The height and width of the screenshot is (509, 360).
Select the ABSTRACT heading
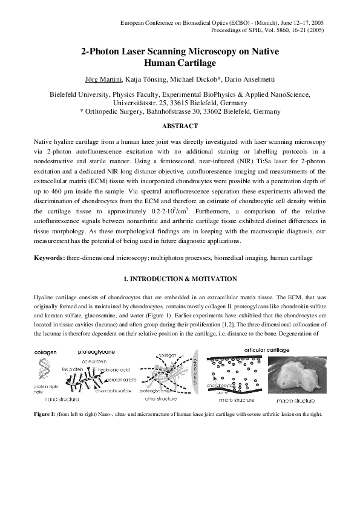tap(180, 126)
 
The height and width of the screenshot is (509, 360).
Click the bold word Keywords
tap(49, 258)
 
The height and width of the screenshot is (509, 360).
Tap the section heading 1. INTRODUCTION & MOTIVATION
tap(180, 279)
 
